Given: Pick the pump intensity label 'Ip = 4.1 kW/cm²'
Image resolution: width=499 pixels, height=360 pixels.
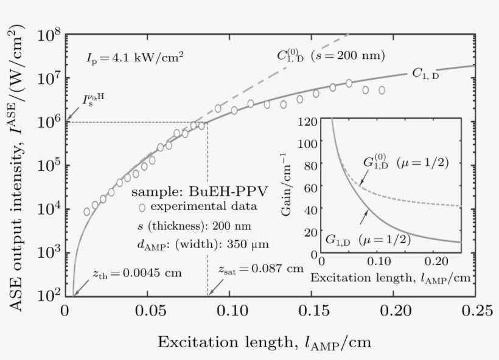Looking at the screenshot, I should (135, 58).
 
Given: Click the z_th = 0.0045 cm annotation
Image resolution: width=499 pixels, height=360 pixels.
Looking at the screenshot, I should (137, 272).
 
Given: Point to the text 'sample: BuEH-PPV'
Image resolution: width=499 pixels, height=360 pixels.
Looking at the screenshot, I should (199, 191).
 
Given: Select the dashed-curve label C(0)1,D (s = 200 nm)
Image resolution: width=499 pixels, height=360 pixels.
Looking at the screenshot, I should (330, 56).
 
